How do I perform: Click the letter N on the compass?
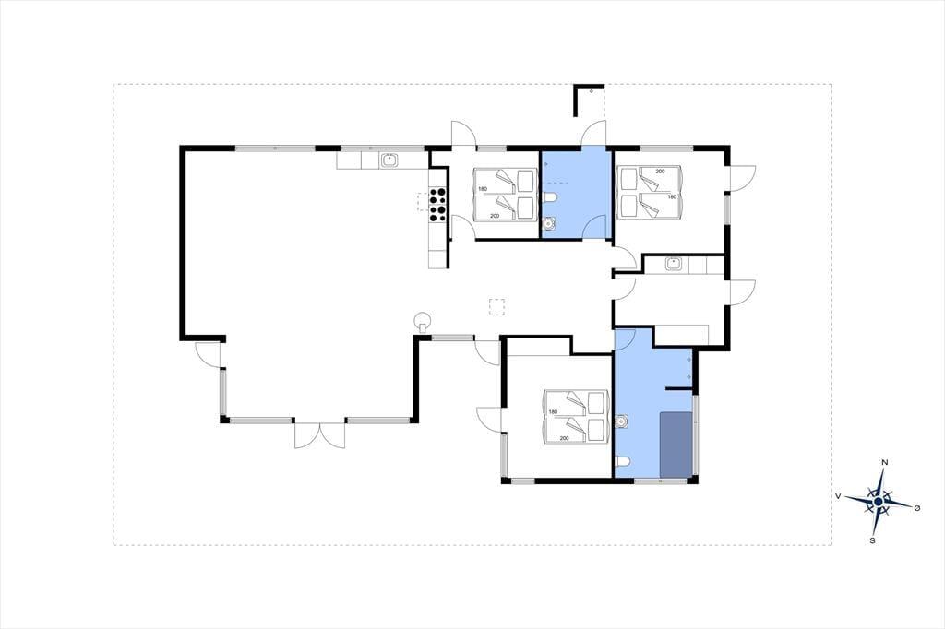coord(885,462)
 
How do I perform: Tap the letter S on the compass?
coord(872,540)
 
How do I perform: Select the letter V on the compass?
coord(838,496)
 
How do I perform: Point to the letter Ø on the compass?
coord(918,508)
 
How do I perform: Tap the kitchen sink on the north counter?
coord(389,160)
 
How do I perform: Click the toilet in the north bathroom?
coord(549,197)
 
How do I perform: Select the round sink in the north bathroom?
coord(548,224)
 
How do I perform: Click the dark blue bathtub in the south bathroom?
coord(676,445)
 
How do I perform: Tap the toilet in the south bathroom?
coord(623,462)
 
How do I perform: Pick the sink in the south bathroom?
coord(622,421)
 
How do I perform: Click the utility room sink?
coord(673,263)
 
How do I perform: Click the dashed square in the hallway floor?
coord(496,307)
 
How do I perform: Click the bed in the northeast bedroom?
coord(650,193)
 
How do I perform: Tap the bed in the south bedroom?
coord(575,417)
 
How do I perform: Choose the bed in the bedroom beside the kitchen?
coord(505,195)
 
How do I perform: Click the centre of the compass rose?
coord(879,501)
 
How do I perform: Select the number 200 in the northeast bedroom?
coord(660,172)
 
